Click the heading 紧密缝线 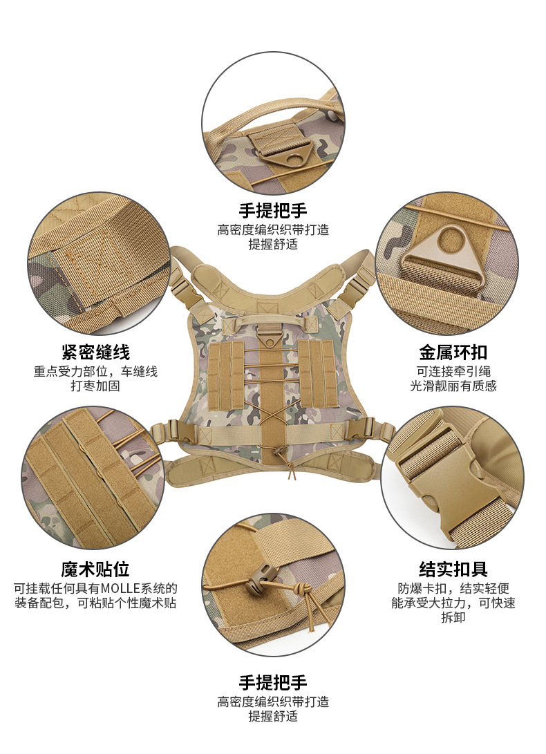click(x=95, y=352)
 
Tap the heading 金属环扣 click(x=453, y=352)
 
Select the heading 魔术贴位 click(x=95, y=569)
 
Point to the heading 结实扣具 click(x=453, y=569)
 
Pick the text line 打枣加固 click(x=95, y=386)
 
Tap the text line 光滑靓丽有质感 click(x=453, y=386)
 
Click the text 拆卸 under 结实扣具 click(x=453, y=617)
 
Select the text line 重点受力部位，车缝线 click(x=95, y=371)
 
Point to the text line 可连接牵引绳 click(x=453, y=371)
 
